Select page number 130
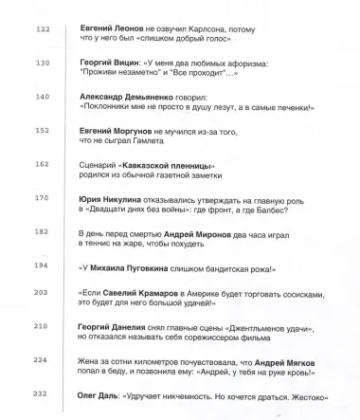pyautogui.click(x=42, y=64)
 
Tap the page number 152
pyautogui.click(x=42, y=131)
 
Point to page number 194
pyautogui.click(x=42, y=265)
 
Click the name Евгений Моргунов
pyautogui.click(x=117, y=131)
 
